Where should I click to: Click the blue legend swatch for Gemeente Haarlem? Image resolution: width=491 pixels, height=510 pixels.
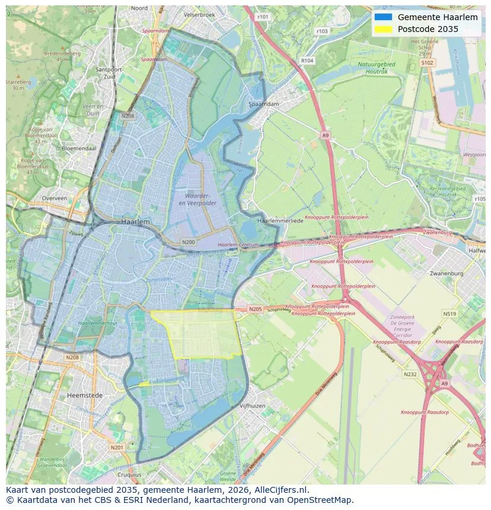point(384,17)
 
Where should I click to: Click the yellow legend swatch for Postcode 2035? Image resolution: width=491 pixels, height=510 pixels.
point(384,29)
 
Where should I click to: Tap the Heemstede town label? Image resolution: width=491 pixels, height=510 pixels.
point(85,395)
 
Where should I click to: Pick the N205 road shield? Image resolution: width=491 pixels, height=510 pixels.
point(255,309)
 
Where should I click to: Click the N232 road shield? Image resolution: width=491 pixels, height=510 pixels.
point(410,374)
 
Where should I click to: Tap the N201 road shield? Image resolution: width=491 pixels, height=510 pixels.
point(117,447)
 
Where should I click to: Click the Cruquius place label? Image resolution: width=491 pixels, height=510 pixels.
point(130,474)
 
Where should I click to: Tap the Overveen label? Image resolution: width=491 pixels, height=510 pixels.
point(55,199)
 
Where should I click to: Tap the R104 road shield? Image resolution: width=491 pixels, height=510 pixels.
point(307,60)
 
